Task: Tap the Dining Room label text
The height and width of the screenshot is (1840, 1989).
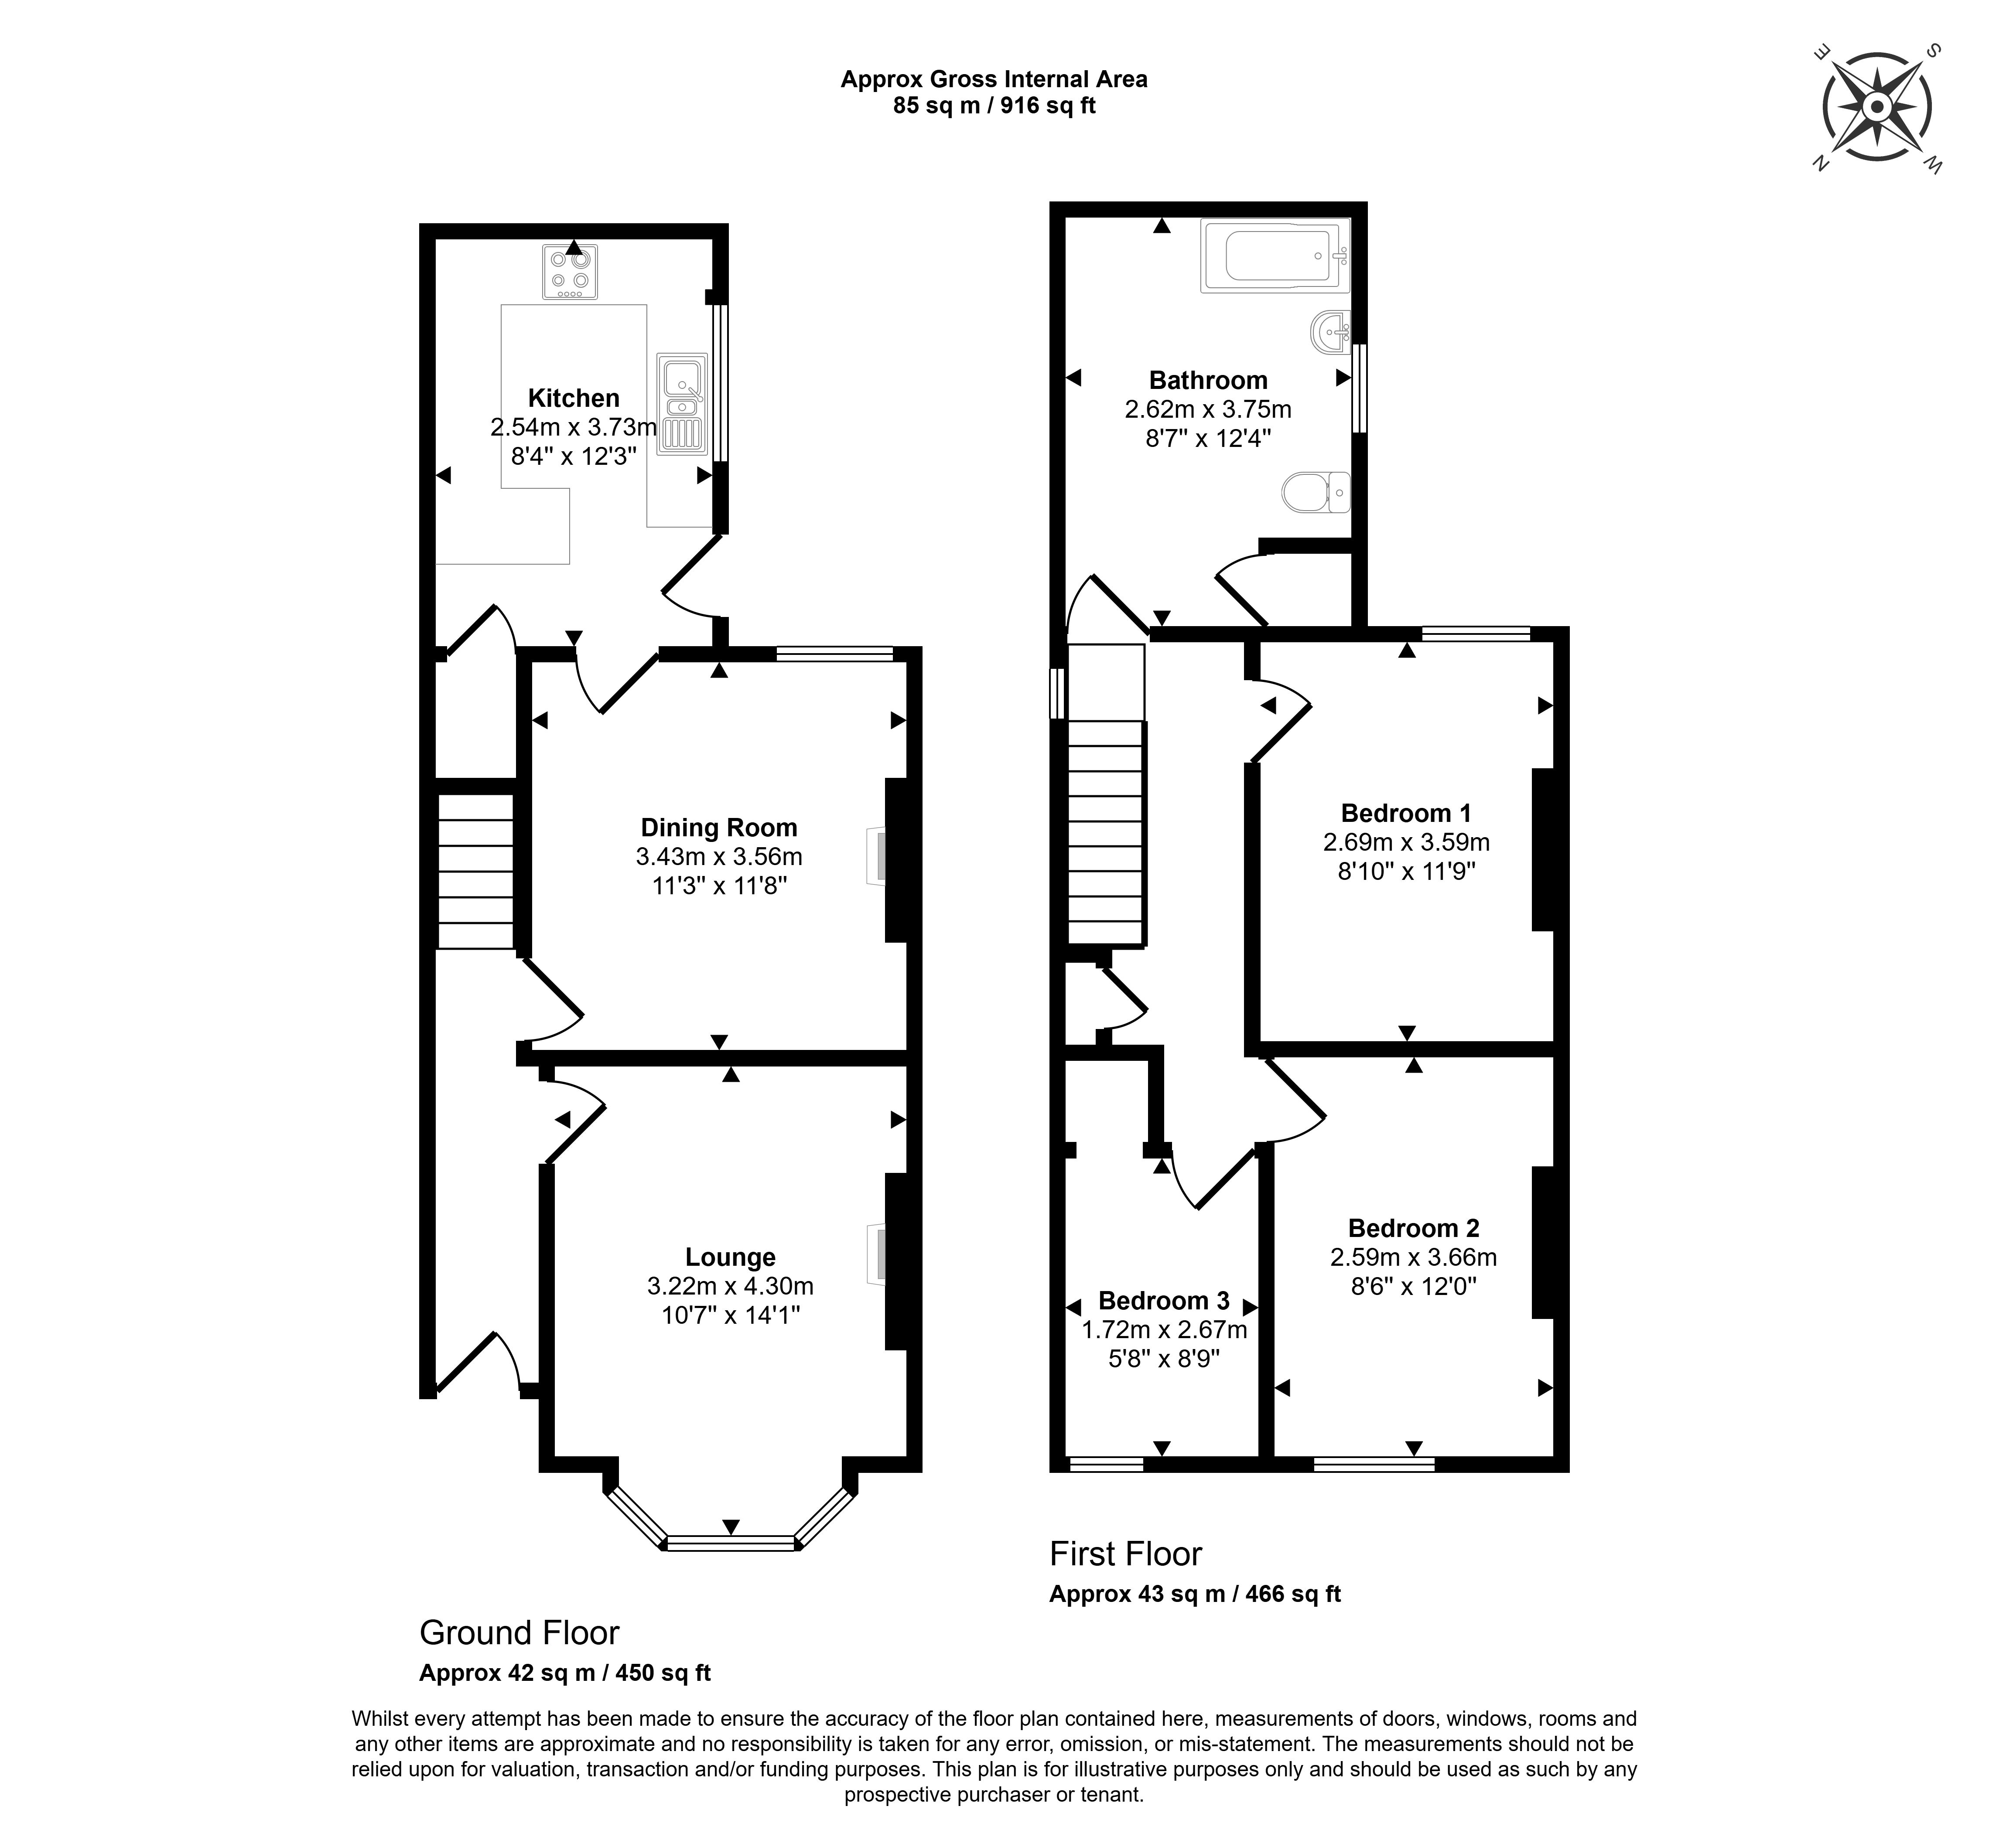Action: click(x=718, y=828)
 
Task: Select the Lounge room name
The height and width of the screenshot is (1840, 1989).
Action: click(x=730, y=1257)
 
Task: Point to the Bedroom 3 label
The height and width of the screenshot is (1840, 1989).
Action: click(x=1163, y=1300)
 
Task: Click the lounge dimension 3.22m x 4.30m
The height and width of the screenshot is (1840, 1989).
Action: click(x=730, y=1286)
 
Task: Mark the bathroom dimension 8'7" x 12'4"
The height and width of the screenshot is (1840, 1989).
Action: click(x=1207, y=438)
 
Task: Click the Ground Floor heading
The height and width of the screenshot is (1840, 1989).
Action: click(x=519, y=1633)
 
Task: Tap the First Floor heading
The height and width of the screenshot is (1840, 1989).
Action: click(x=1125, y=1553)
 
